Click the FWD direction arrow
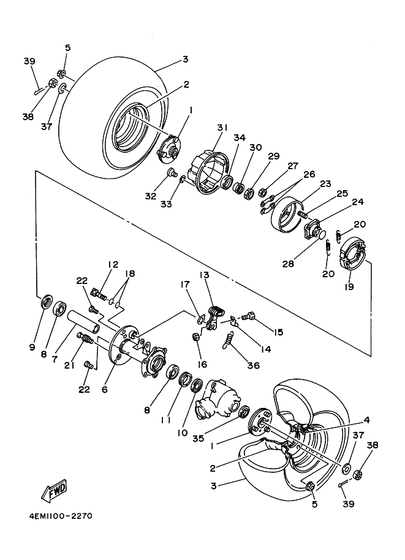[x=55, y=489]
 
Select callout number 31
[x=221, y=127]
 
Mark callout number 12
[x=113, y=264]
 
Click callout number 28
[x=288, y=264]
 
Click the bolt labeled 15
[x=248, y=317]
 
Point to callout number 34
[x=239, y=138]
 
